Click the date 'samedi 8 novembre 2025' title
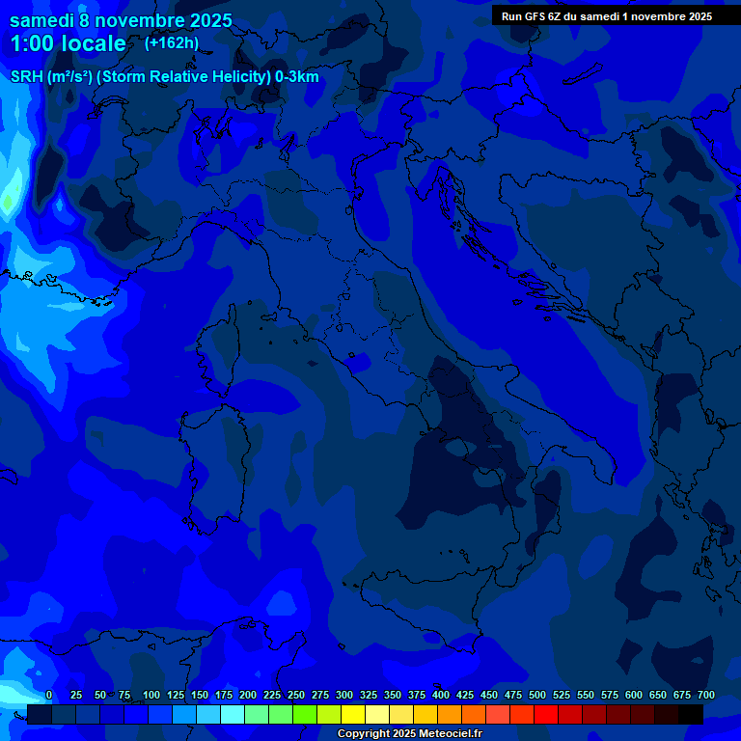121,20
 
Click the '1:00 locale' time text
68,43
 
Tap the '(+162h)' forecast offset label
171,42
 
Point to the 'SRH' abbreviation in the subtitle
27,76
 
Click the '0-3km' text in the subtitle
295,76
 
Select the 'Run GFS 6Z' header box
607,15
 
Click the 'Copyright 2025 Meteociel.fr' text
409,734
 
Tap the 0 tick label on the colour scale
49,695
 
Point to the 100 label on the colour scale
151,695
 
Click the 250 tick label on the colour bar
296,695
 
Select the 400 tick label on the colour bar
441,695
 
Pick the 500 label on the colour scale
537,695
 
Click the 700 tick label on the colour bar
705,695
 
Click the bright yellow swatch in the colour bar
353,714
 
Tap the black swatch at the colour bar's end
691,714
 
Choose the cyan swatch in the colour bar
233,714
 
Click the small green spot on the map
8,203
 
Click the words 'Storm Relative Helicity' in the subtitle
183,76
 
